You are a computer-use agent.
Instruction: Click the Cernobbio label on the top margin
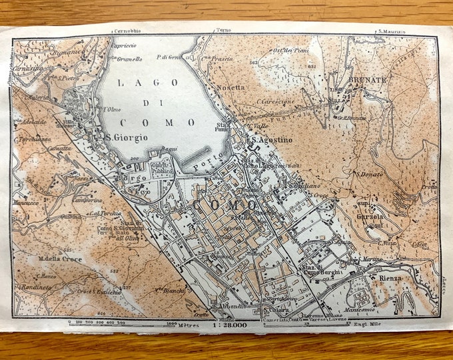[109, 31]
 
